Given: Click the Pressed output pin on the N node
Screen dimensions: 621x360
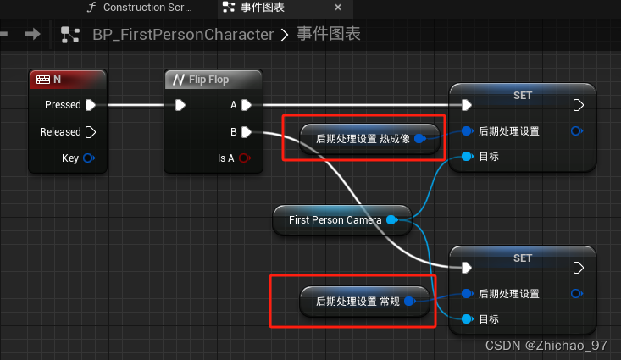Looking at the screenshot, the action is click(91, 105).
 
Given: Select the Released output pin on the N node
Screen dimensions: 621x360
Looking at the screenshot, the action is click(91, 132).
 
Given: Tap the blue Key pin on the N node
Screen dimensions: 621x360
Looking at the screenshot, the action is click(89, 158).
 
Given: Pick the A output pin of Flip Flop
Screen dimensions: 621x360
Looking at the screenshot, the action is click(246, 105).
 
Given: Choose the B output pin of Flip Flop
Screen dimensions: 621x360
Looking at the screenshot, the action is click(246, 132).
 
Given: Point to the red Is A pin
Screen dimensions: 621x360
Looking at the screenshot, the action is click(245, 158).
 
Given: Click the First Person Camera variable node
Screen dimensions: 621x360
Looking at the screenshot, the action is click(335, 220).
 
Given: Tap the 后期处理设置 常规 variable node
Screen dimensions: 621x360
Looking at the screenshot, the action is click(357, 301).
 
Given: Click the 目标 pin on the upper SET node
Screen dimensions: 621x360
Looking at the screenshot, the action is click(465, 157).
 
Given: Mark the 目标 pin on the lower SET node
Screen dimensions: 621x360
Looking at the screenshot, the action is click(465, 319).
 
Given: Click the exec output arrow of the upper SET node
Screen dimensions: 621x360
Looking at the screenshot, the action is click(579, 105).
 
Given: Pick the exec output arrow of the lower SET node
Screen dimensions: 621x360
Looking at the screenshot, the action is click(579, 268).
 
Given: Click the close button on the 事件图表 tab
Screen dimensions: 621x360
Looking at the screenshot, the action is click(338, 8).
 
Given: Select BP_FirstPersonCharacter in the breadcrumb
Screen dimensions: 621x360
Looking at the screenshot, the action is click(182, 35).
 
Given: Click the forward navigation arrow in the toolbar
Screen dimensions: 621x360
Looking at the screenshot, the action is click(32, 34).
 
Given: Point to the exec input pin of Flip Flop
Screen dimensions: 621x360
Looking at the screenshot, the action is click(180, 105).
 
